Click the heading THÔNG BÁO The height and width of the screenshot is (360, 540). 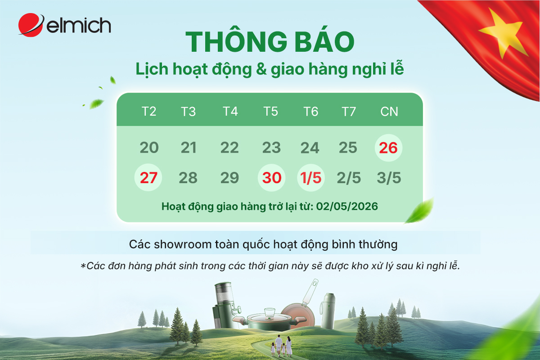(270, 42)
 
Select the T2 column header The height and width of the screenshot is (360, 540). (149, 111)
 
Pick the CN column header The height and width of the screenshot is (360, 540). (389, 111)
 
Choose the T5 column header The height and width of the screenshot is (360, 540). (270, 111)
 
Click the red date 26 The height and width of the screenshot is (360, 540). (388, 148)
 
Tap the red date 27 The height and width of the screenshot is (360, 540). (148, 178)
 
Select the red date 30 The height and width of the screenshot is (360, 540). (272, 178)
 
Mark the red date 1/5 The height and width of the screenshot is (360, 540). (311, 178)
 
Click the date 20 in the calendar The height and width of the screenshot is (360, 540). (149, 148)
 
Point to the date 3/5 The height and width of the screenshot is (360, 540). (389, 178)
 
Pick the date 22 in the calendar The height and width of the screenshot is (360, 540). (229, 148)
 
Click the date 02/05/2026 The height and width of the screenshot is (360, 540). (347, 207)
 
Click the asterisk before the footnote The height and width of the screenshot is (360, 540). (83, 266)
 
